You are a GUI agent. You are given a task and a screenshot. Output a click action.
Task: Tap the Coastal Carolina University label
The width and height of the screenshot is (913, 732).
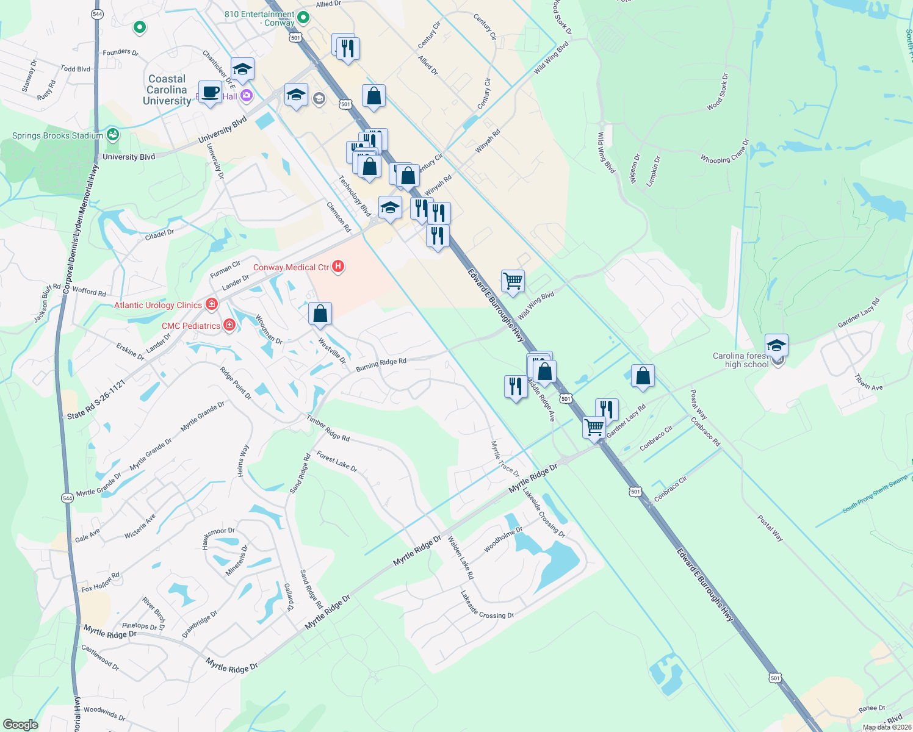(167, 90)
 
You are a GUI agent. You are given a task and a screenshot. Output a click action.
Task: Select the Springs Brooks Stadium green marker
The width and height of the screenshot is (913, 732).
(112, 135)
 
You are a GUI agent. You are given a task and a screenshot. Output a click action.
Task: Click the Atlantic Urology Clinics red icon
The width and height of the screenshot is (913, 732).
(212, 304)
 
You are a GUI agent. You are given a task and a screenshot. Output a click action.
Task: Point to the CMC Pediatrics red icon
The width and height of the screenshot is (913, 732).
(229, 325)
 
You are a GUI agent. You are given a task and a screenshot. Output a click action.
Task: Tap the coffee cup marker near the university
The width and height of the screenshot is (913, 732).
(211, 92)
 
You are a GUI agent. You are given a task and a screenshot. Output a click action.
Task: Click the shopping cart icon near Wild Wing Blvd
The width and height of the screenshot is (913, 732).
(513, 281)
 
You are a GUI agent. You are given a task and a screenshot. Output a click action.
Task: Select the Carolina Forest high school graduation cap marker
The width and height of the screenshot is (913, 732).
(776, 346)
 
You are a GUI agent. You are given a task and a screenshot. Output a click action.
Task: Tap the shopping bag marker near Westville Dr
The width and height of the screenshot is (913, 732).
(320, 314)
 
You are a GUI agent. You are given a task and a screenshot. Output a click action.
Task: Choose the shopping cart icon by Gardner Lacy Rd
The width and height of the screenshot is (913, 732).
(594, 426)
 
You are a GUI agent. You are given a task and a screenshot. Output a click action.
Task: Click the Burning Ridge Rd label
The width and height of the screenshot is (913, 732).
(381, 365)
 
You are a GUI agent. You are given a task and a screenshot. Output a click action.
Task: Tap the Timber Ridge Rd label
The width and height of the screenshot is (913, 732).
(328, 429)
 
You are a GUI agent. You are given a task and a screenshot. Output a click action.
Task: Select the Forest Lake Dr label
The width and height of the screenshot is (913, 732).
(337, 462)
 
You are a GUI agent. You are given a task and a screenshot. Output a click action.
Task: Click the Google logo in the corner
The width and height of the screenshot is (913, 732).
(21, 724)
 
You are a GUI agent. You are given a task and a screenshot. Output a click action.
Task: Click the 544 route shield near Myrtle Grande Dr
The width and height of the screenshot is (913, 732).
(67, 498)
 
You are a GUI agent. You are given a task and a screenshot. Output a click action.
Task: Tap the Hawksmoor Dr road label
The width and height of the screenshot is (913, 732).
(218, 538)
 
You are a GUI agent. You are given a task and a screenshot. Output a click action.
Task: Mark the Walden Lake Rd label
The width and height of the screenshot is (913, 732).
(461, 558)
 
